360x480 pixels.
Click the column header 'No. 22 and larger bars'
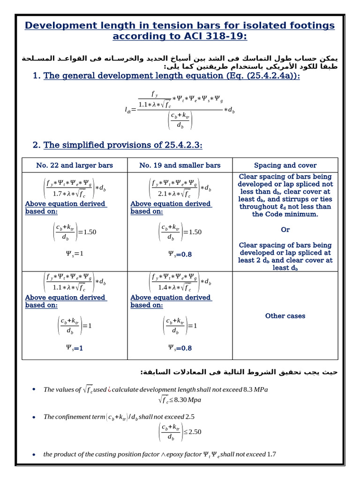75,165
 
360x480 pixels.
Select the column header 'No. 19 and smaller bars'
180,165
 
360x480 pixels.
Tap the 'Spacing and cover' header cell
285,165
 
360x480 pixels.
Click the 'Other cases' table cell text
285,316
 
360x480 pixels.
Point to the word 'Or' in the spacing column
285,230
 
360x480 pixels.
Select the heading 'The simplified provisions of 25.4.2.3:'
123,145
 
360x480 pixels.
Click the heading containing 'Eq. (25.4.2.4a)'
172,75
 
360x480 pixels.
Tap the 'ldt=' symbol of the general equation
130,110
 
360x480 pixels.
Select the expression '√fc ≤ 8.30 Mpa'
180,400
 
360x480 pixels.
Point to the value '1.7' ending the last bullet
271,454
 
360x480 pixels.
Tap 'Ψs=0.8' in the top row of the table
180,254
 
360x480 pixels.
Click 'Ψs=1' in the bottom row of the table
75,348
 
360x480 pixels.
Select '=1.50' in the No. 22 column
87,232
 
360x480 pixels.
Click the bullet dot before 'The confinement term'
34,417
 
